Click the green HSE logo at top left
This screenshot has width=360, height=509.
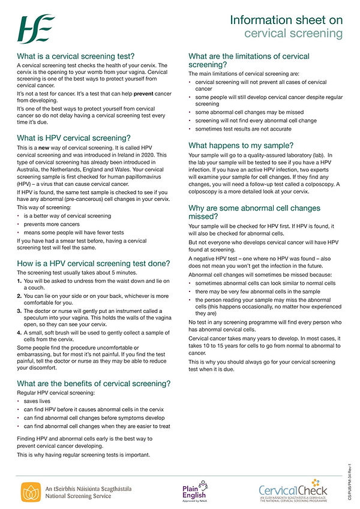pos(35,28)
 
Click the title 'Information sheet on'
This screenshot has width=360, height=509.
pos(286,20)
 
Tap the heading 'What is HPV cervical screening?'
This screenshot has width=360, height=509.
pos(74,138)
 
